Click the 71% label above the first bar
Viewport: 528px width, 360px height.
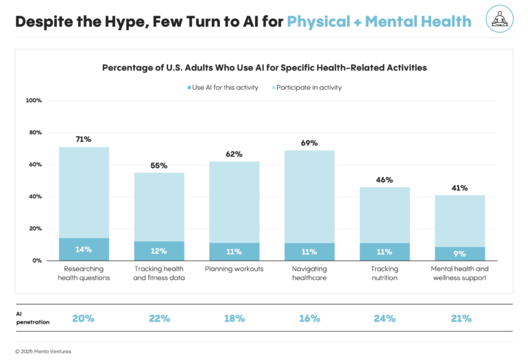(84, 139)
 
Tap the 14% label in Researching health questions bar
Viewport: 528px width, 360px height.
(84, 250)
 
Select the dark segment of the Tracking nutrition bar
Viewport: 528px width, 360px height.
(385, 252)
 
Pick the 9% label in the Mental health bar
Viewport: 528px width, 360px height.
(459, 254)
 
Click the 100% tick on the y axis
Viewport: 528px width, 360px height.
(34, 101)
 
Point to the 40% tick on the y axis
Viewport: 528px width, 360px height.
(35, 197)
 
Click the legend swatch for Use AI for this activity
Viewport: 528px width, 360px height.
(189, 88)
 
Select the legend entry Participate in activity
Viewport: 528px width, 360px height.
(309, 88)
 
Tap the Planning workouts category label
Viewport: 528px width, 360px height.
(234, 269)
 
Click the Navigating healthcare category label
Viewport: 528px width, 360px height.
(309, 273)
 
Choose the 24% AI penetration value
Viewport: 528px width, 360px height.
(385, 318)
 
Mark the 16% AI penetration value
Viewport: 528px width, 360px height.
(309, 318)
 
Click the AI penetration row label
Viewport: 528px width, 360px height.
(29, 317)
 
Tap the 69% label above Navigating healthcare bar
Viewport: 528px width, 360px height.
(309, 143)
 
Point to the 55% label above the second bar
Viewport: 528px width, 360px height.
(159, 165)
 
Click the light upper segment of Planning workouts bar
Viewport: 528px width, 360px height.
(234, 202)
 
